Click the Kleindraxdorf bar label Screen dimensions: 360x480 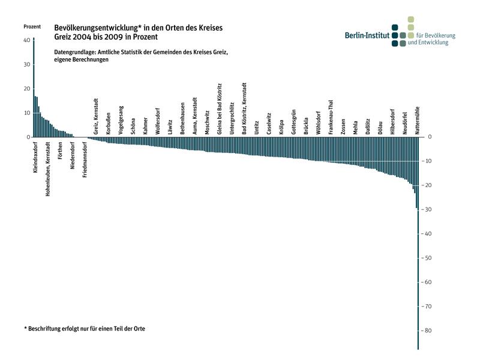coord(35,158)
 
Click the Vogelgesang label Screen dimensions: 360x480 coord(121,120)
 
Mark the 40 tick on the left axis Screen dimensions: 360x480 coord(26,40)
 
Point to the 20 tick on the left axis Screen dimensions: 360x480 coord(26,89)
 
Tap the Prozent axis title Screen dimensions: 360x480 coord(32,27)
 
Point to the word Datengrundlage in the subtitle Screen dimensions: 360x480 coord(75,53)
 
